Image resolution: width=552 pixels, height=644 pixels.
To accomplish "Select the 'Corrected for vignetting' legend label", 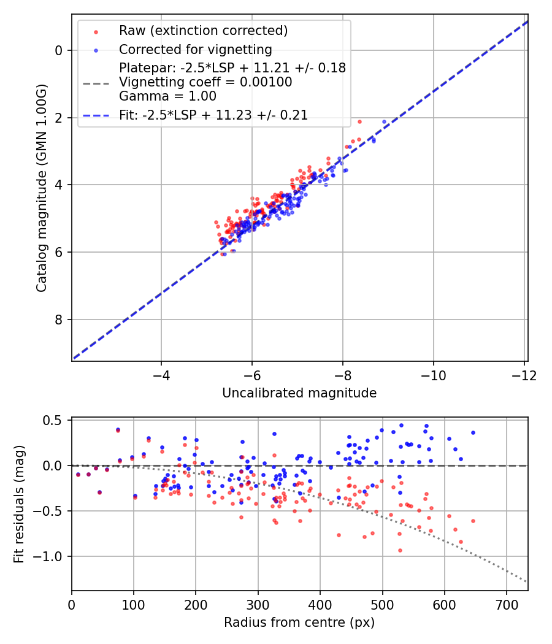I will pyautogui.click(x=195, y=49).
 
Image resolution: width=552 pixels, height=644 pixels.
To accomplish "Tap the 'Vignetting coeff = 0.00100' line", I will pyautogui.click(x=205, y=82).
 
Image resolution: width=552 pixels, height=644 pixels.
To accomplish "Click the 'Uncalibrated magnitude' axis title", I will pyautogui.click(x=299, y=393).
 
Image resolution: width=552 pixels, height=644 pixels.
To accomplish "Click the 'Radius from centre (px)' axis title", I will pyautogui.click(x=299, y=623).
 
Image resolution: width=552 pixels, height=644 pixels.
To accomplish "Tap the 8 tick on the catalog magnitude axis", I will pyautogui.click(x=59, y=320).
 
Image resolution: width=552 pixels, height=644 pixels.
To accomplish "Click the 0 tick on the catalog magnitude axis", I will pyautogui.click(x=59, y=50).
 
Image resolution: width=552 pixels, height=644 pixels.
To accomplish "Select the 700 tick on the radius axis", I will pyautogui.click(x=507, y=604).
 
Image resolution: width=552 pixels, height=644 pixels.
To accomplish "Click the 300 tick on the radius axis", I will pyautogui.click(x=258, y=604).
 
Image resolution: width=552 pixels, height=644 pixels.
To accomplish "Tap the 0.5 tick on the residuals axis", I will pyautogui.click(x=54, y=420).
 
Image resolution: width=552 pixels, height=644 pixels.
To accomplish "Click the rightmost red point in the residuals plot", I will pyautogui.click(x=473, y=521).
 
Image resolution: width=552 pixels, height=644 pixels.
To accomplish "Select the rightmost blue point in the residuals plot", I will pyautogui.click(x=473, y=432).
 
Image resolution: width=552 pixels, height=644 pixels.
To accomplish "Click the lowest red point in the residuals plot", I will pyautogui.click(x=400, y=550).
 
